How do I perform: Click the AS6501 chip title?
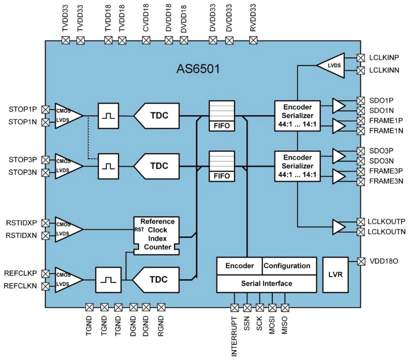pyautogui.click(x=198, y=69)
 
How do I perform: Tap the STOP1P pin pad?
pyautogui.click(x=45, y=110)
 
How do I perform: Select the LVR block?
pyautogui.click(x=335, y=275)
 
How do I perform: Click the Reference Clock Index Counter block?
pyautogui.click(x=157, y=236)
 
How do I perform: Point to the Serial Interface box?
pyautogui.click(x=266, y=284)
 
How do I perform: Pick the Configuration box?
pyautogui.click(x=289, y=266)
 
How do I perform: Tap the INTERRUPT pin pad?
pyautogui.click(x=235, y=308)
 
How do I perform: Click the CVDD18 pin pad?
pyautogui.click(x=146, y=40)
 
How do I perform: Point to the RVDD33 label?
pyautogui.click(x=253, y=18)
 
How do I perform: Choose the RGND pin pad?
pyautogui.click(x=161, y=307)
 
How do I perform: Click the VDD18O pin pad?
pyautogui.click(x=361, y=262)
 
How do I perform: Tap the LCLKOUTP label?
pyautogui.click(x=386, y=222)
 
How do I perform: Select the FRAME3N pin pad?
pyautogui.click(x=361, y=182)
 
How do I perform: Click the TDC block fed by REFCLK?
pyautogui.click(x=156, y=280)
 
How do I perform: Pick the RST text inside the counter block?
pyautogui.click(x=139, y=230)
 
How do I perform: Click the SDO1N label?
pyautogui.click(x=381, y=111)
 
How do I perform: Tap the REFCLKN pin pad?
pyautogui.click(x=45, y=286)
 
